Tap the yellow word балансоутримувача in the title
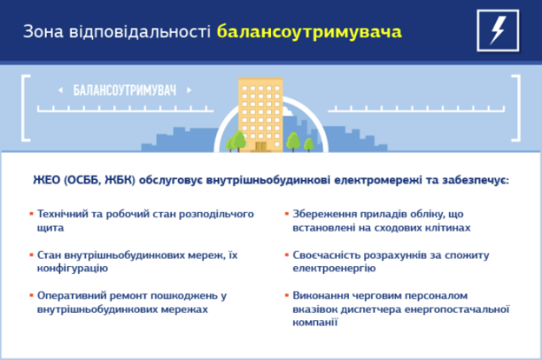point(309,32)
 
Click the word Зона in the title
point(43,31)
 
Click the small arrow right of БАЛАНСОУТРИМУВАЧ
point(189,91)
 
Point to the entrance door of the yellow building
point(262,144)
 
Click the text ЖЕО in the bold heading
point(47,181)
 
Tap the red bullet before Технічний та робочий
point(30,214)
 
